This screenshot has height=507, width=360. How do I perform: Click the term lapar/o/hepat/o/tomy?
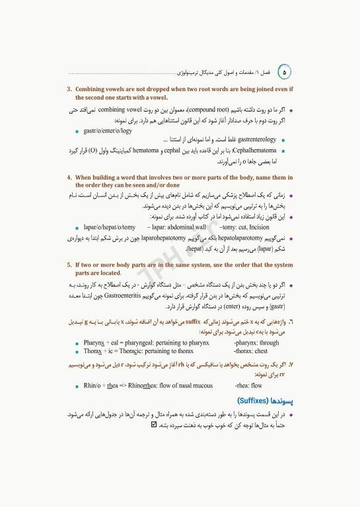[110, 227]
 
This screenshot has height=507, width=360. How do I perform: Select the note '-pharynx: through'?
[256, 343]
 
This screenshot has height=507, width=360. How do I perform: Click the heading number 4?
[69, 178]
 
